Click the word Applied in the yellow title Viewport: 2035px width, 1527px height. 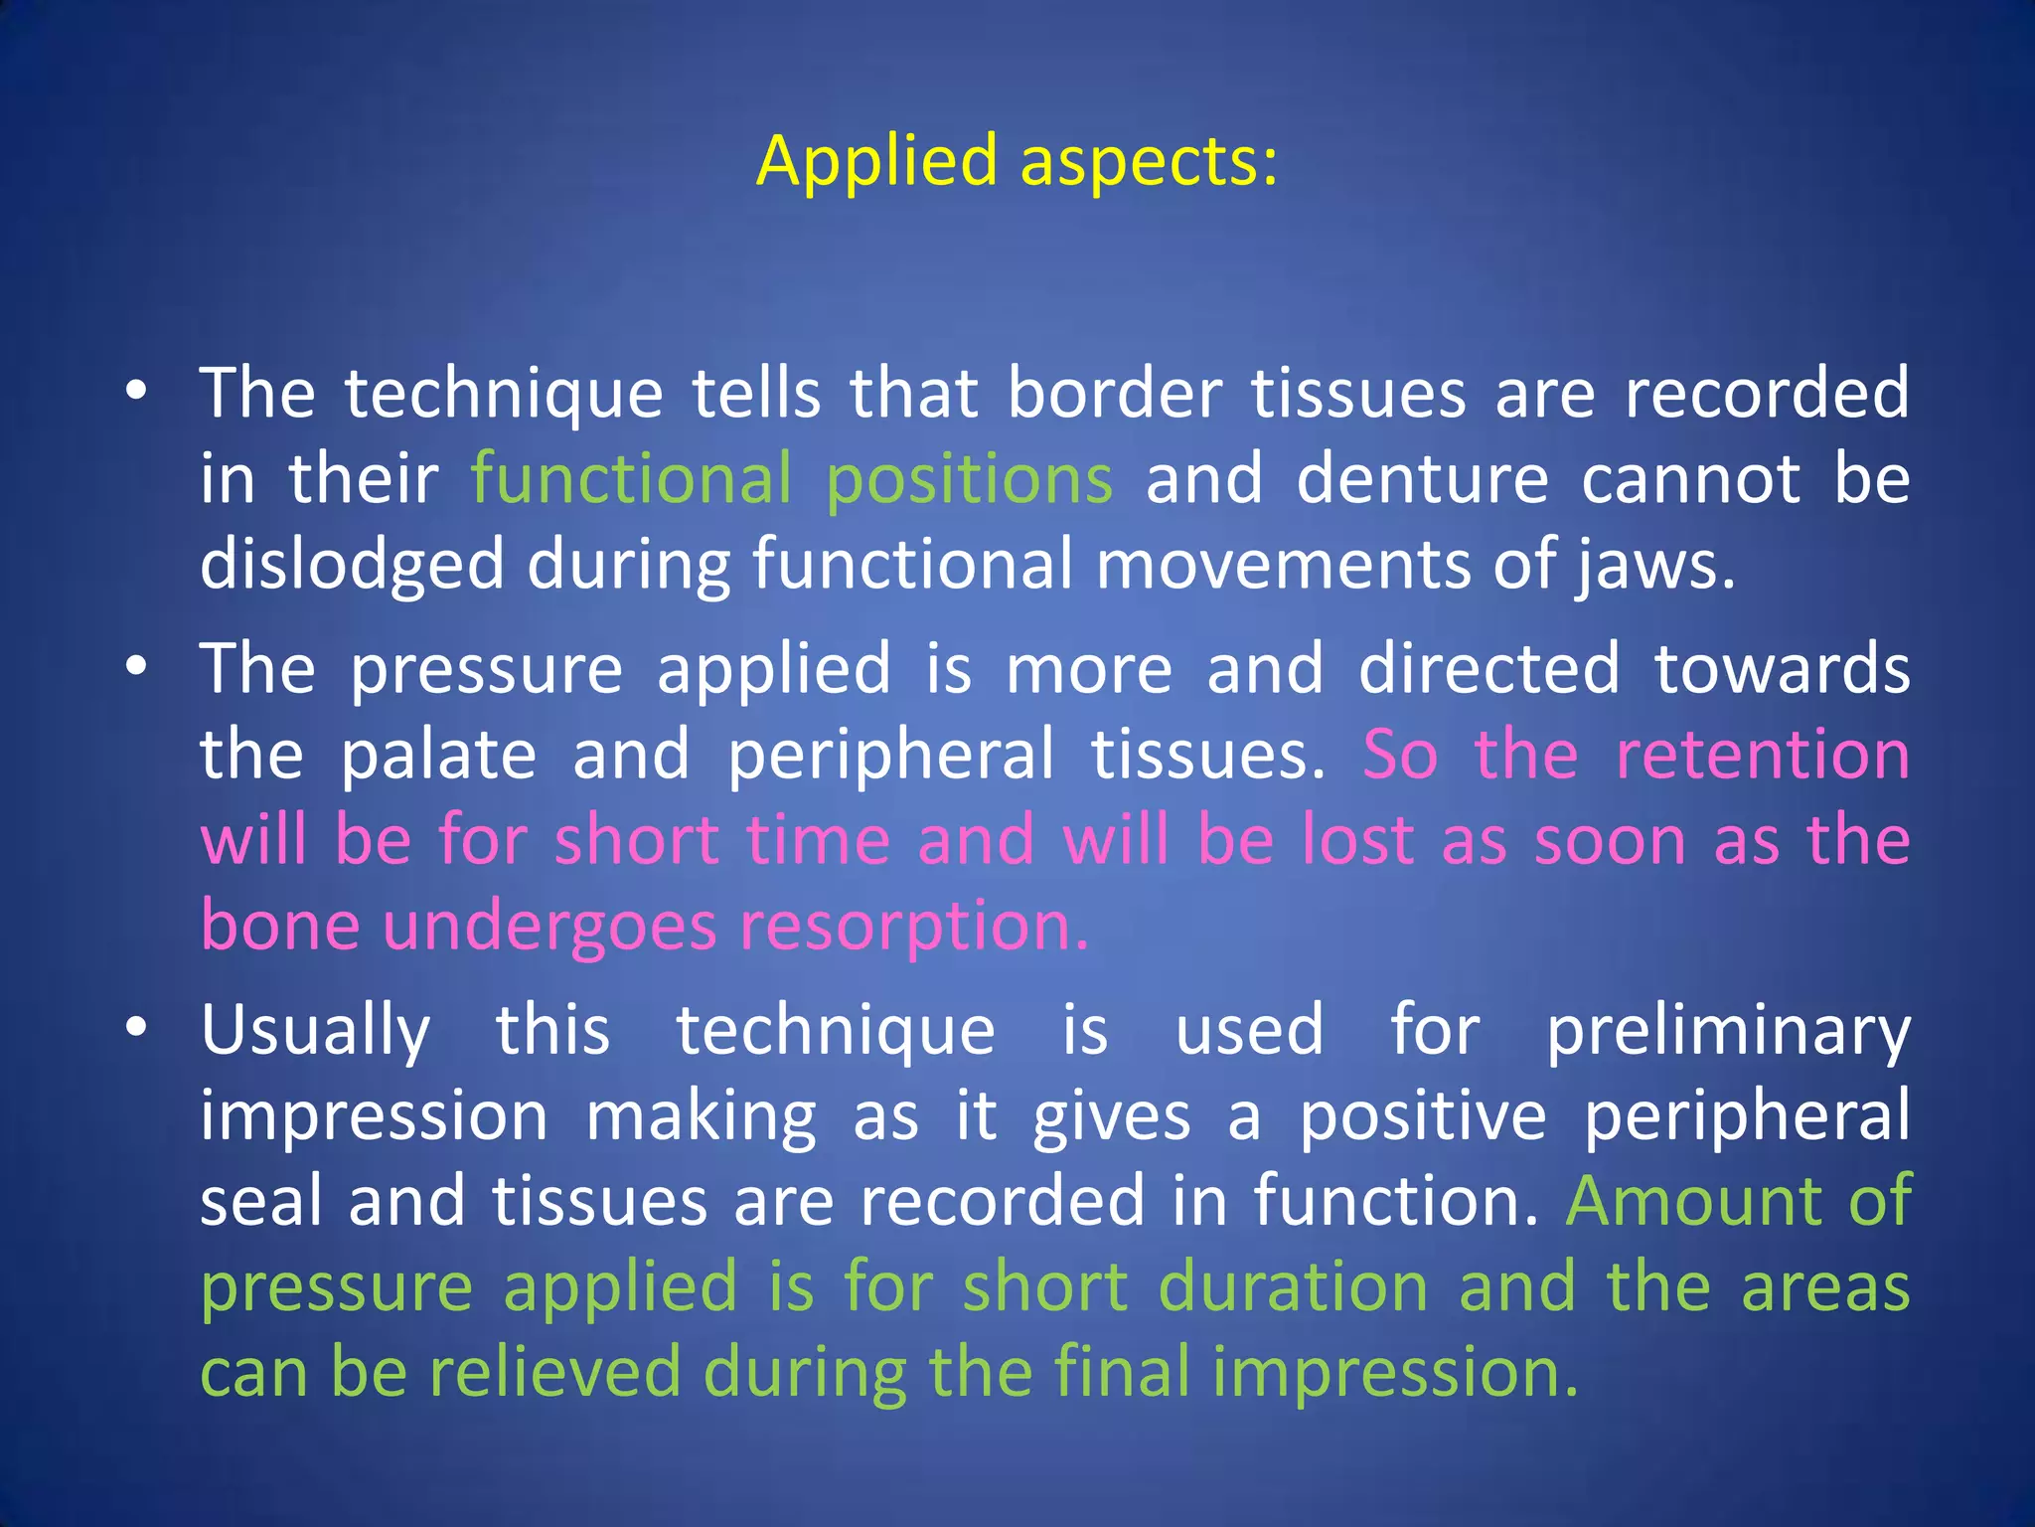coord(876,161)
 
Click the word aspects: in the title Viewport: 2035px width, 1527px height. coord(1149,161)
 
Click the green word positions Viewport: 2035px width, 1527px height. coord(969,480)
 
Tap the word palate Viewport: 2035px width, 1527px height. coord(438,756)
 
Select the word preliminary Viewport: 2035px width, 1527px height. coord(1728,1030)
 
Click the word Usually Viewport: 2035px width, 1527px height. coord(315,1030)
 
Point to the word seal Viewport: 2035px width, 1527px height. coord(257,1201)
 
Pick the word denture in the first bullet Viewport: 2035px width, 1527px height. coord(1422,480)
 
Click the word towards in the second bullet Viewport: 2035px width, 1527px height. coord(1782,668)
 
